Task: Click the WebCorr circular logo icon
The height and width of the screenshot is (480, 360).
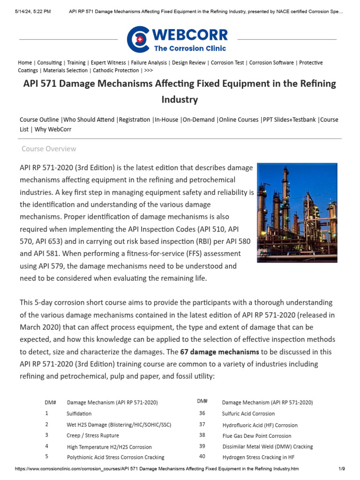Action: tap(138, 39)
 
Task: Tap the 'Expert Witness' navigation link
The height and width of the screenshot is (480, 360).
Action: tap(108, 62)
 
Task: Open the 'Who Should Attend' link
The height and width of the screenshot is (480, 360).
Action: tap(89, 120)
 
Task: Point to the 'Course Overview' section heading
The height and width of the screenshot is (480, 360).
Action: tap(49, 149)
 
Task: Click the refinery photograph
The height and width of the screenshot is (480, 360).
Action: tap(297, 212)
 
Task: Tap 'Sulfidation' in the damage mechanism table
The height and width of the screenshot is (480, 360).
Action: tap(79, 413)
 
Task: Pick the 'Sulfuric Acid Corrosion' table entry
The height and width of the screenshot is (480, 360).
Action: tap(248, 413)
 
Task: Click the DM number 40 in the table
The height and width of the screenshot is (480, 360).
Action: tap(202, 456)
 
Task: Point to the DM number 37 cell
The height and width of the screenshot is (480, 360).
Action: tap(202, 424)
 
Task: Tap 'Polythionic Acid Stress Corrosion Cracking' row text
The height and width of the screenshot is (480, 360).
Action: tap(115, 457)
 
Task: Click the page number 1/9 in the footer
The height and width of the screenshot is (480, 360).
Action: tap(341, 469)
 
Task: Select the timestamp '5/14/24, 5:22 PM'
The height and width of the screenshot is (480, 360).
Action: tap(33, 11)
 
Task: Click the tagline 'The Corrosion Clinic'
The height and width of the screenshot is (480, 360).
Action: tap(190, 48)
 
